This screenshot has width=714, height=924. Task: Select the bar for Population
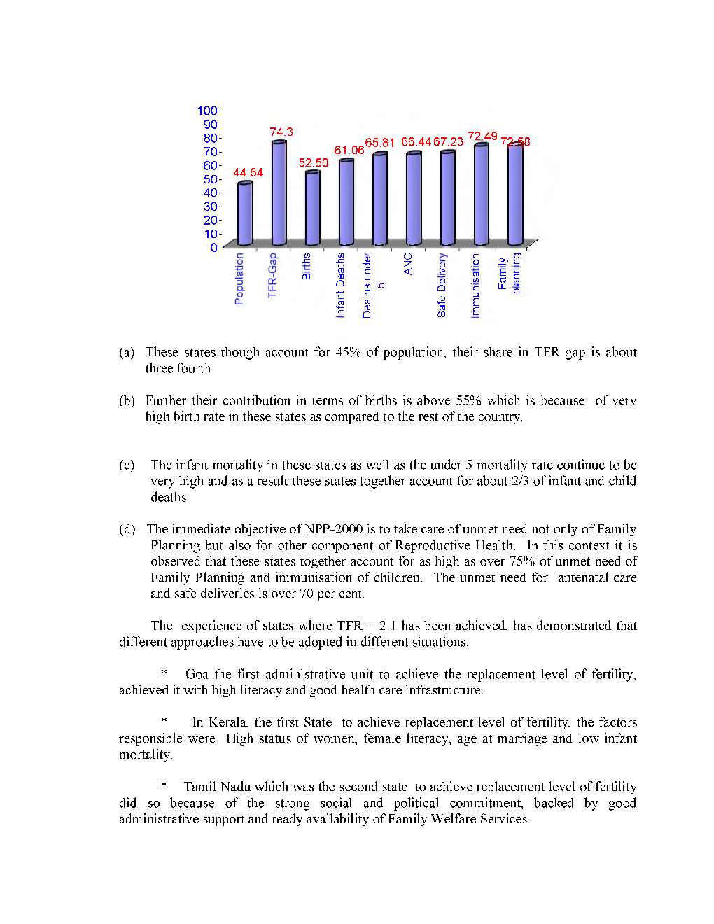click(x=245, y=213)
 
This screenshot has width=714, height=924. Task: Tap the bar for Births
click(x=313, y=208)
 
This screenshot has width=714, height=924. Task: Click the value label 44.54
click(x=248, y=172)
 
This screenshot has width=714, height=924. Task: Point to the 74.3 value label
click(x=281, y=132)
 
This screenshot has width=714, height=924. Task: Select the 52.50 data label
click(x=314, y=162)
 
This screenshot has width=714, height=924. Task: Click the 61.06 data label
click(x=349, y=150)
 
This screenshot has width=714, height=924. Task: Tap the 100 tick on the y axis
click(x=208, y=111)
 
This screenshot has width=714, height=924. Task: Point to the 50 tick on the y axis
click(x=211, y=179)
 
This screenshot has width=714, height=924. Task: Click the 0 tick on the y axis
click(x=214, y=247)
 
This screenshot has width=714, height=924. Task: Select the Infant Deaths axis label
click(x=341, y=285)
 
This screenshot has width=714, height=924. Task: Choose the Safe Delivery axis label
click(x=442, y=285)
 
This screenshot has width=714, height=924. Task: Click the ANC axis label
click(x=408, y=264)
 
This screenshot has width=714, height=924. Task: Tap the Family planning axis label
click(x=510, y=273)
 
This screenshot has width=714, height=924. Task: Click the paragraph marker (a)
click(x=127, y=352)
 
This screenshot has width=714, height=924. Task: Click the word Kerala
click(x=227, y=722)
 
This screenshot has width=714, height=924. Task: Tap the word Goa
click(x=197, y=674)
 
